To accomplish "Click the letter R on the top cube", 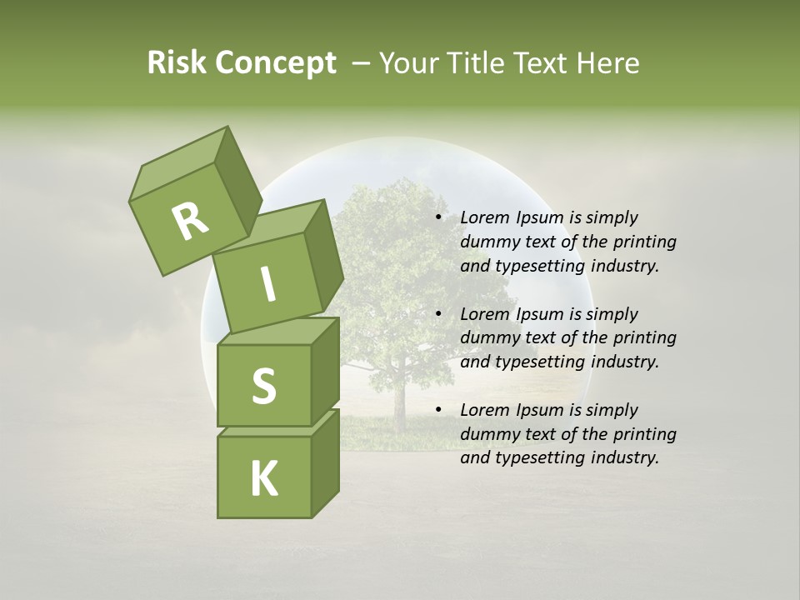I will coord(190,221).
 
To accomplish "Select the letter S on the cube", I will coord(263,386).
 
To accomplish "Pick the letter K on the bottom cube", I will coord(263,478).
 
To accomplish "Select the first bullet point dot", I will coord(438,217).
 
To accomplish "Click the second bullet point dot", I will coord(438,314).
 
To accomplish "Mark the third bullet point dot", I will coord(438,410).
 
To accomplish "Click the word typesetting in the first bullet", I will coord(540,266).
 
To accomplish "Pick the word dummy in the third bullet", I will coord(490,434).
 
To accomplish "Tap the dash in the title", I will coord(361,63).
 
